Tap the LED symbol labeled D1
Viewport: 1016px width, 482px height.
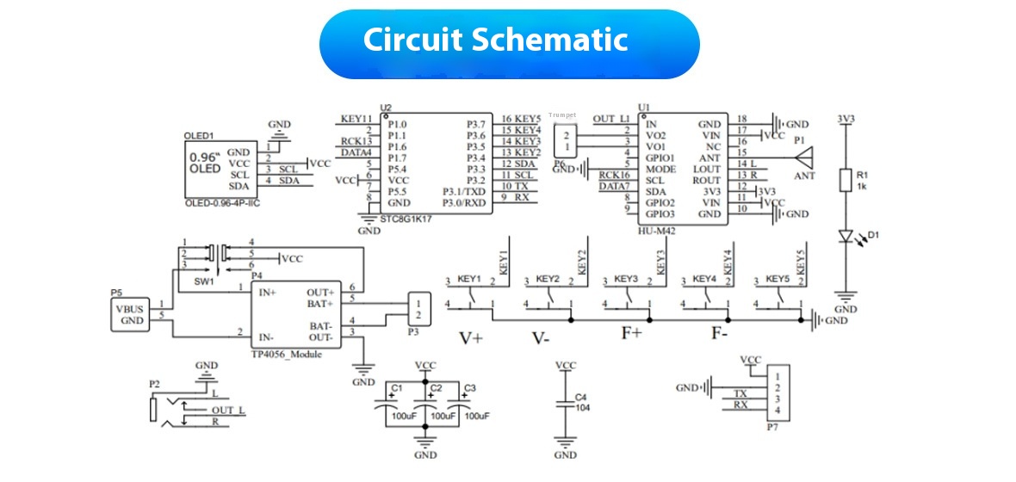pyautogui.click(x=846, y=236)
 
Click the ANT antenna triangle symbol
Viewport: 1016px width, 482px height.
pyautogui.click(x=805, y=158)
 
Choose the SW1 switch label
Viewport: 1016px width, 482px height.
pyautogui.click(x=203, y=281)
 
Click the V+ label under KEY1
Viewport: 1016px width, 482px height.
pyautogui.click(x=470, y=338)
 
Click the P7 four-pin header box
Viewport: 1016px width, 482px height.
pyautogui.click(x=777, y=392)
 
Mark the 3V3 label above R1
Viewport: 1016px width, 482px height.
pyautogui.click(x=846, y=118)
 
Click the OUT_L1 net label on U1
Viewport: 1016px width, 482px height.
pyautogui.click(x=610, y=119)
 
